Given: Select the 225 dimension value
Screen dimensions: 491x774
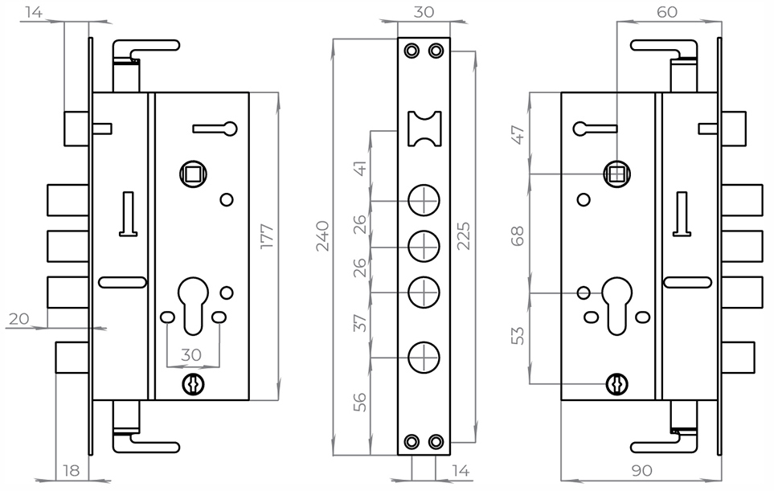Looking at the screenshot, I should tap(464, 235).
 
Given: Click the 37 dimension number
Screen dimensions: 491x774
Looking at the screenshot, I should tap(361, 322).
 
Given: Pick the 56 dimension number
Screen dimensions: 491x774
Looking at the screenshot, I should tap(361, 401).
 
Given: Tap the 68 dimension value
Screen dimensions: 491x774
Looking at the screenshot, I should tap(518, 235).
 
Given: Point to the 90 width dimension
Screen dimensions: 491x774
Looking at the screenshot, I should tap(640, 469).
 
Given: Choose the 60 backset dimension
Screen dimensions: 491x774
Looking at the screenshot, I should tap(666, 12).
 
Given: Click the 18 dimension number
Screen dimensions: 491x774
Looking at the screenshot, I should tap(72, 469).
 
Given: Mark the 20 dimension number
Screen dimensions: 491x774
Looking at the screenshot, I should tap(19, 319).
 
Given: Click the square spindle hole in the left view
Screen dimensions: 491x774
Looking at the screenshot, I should tap(194, 173).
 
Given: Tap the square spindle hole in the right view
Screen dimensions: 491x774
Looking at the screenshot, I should tap(617, 173).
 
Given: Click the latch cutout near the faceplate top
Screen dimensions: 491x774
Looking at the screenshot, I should tap(424, 129).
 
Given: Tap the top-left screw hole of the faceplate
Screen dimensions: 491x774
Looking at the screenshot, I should tap(412, 51).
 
